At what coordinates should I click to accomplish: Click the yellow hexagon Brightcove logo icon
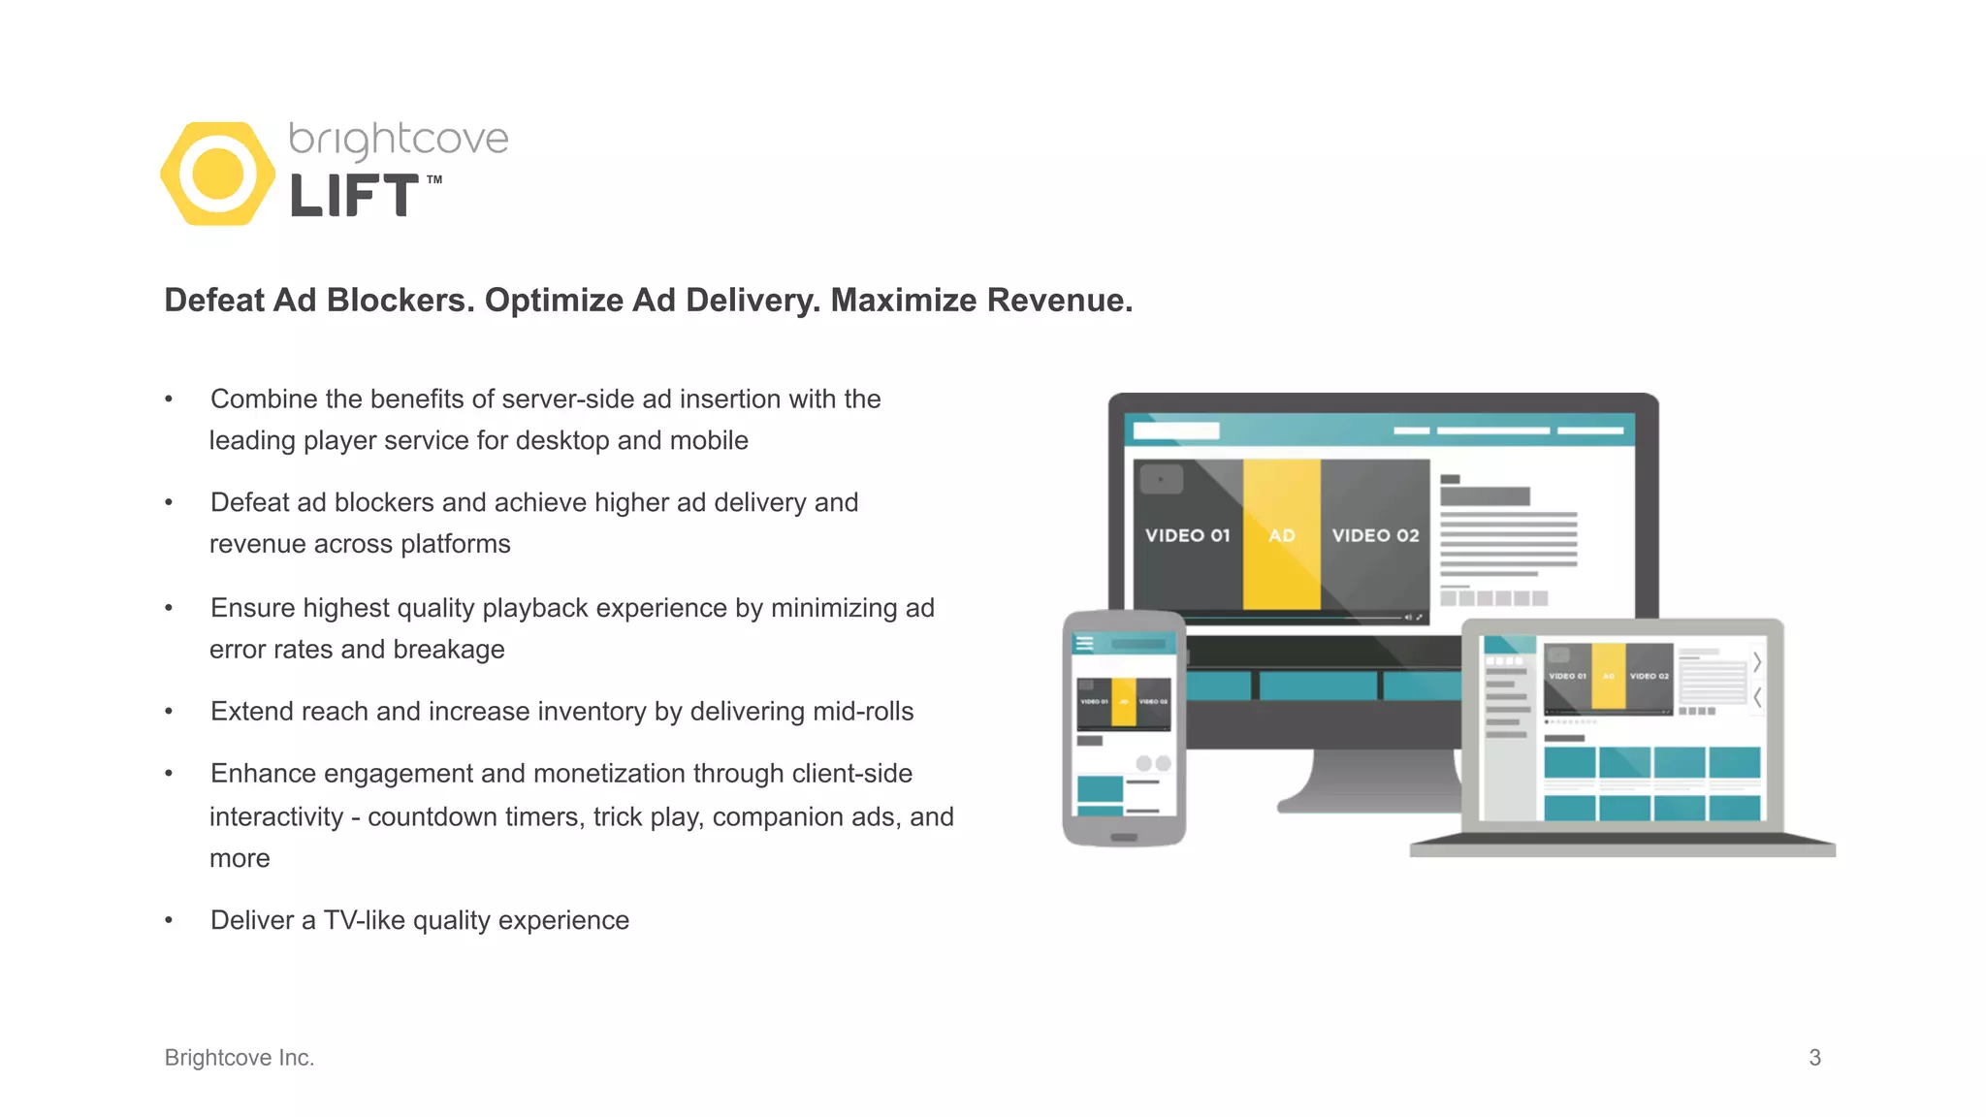click(x=217, y=174)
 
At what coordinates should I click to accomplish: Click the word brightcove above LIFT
click(x=399, y=140)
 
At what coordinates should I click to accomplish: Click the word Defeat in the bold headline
click(x=214, y=301)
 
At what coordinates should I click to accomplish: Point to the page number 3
click(x=1814, y=1058)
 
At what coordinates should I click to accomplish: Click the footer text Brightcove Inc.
click(x=240, y=1058)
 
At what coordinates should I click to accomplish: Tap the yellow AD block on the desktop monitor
click(x=1281, y=535)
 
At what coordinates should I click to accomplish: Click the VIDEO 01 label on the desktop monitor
click(x=1187, y=535)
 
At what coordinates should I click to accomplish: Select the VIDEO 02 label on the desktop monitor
click(x=1375, y=535)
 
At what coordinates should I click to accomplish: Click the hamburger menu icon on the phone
click(x=1084, y=643)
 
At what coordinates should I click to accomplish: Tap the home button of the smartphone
click(x=1124, y=837)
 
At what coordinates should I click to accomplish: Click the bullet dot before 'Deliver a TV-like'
click(x=169, y=920)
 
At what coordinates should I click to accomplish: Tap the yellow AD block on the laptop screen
click(x=1608, y=676)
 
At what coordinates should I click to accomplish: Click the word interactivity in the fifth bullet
click(x=276, y=817)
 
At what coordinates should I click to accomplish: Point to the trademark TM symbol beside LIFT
click(x=434, y=179)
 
